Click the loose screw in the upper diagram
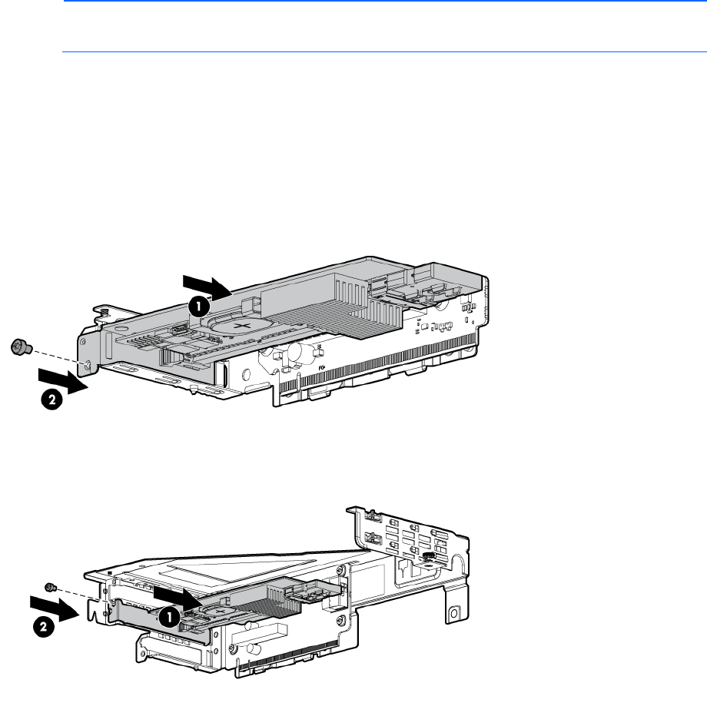(21, 346)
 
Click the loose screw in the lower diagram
(51, 587)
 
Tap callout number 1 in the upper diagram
(198, 307)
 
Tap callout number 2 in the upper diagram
(51, 399)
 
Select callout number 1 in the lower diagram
(170, 616)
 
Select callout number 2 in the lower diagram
(44, 627)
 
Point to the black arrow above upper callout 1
(207, 287)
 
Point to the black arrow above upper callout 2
(63, 381)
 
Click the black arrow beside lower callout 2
(55, 608)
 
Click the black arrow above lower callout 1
(178, 598)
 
